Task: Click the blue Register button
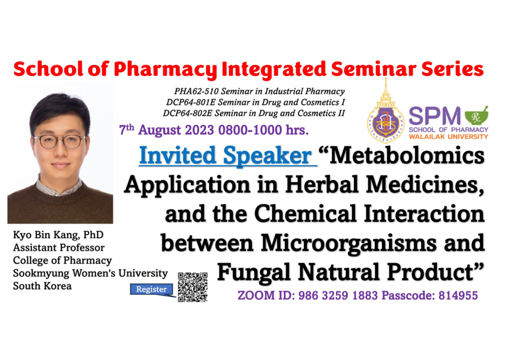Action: click(x=151, y=289)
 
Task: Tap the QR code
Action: click(x=192, y=287)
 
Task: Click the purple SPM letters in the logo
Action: click(x=435, y=116)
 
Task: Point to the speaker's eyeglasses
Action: click(x=60, y=141)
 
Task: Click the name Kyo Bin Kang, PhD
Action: click(x=59, y=235)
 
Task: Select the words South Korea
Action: click(x=42, y=286)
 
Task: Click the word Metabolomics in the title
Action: click(x=407, y=156)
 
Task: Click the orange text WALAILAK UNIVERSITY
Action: click(x=448, y=137)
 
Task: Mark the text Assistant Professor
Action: click(x=59, y=247)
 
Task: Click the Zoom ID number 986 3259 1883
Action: click(x=338, y=296)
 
